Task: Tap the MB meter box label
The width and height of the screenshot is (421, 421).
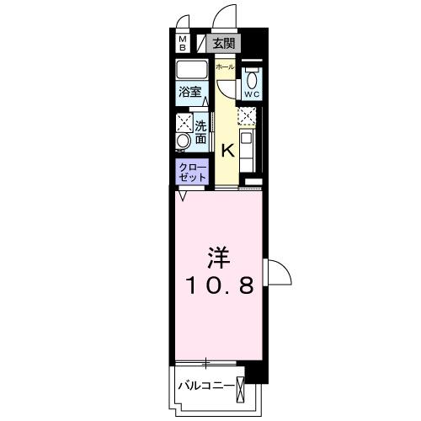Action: coord(183,44)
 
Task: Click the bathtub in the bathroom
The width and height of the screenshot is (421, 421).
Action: coord(192,70)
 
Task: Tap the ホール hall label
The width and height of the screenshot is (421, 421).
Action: coord(224,66)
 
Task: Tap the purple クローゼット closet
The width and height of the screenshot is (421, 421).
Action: coord(192,173)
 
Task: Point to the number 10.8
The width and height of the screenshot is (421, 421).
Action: coord(219,286)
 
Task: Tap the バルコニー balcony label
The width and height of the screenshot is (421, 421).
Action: coord(205,386)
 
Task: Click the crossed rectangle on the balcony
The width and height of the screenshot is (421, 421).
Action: coord(242,388)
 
